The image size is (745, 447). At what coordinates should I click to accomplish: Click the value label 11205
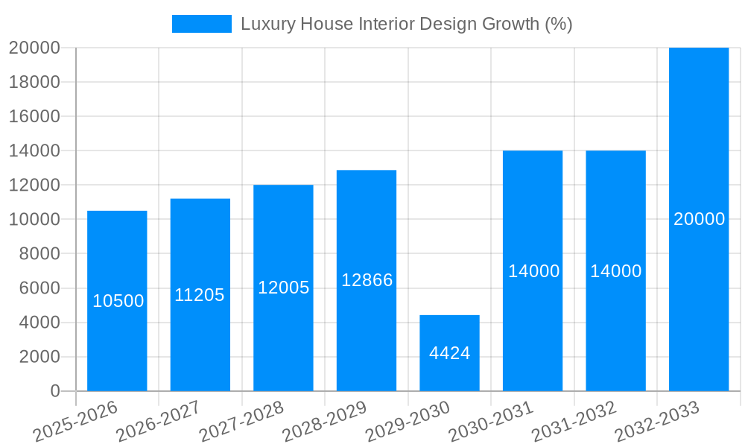coord(200,295)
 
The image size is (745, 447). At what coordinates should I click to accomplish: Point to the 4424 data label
coord(449,353)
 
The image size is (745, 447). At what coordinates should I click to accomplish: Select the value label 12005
coord(283,288)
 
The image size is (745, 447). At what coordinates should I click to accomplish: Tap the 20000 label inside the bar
coord(699,219)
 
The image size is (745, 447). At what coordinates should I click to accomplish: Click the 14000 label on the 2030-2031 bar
coord(533,271)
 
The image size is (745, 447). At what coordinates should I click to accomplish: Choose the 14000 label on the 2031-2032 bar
coord(615,271)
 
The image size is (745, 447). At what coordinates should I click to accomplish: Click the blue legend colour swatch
coord(201,24)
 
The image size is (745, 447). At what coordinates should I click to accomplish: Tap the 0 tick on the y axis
coord(54,391)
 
